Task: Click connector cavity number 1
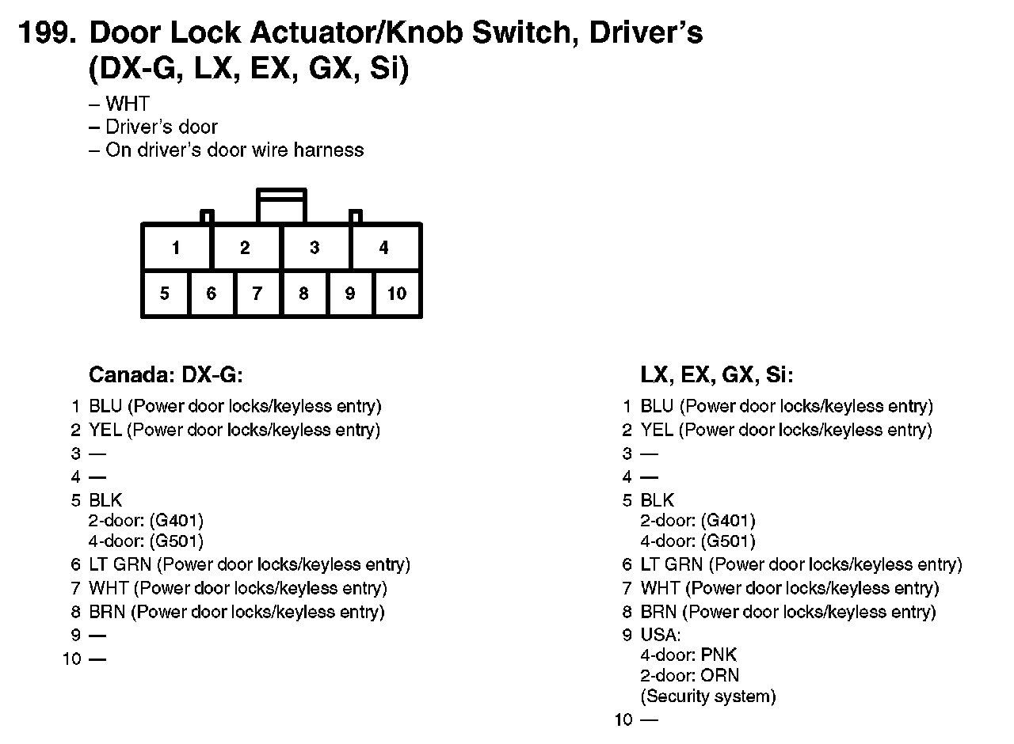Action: [176, 248]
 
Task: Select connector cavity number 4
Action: [384, 248]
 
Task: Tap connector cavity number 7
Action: [257, 294]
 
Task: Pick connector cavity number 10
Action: [397, 294]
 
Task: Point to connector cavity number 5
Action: [165, 294]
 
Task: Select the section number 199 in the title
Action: [47, 34]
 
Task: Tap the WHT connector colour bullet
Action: [127, 104]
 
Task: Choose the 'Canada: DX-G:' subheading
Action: [166, 374]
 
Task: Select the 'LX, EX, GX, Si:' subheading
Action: [716, 374]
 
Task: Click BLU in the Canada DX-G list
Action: [105, 407]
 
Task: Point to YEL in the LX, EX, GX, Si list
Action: [657, 431]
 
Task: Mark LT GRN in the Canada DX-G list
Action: [120, 565]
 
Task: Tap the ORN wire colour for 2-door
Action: [719, 676]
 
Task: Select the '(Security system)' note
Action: [707, 697]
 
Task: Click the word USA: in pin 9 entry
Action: [660, 636]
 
